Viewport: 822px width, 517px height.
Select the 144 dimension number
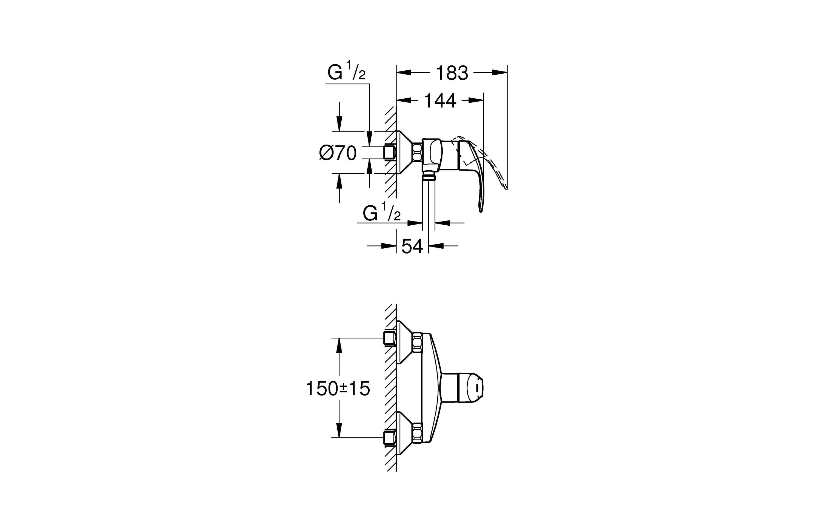[440, 101]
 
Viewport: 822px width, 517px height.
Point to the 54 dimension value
[412, 246]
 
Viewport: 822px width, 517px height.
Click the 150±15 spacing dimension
[338, 388]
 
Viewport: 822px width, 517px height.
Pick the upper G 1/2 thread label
[346, 72]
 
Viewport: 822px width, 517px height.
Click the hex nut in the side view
[417, 153]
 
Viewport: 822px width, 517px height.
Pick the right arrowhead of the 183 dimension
[500, 72]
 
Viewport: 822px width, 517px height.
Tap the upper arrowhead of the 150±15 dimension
[339, 346]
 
